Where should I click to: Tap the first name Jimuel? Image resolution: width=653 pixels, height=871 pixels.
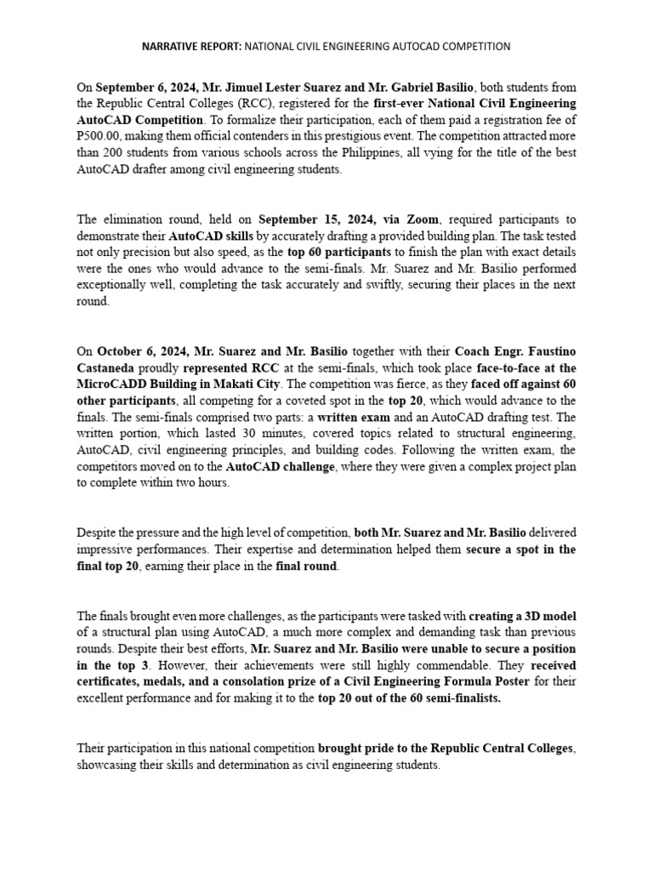(x=258, y=87)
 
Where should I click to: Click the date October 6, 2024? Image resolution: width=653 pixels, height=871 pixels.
(x=139, y=350)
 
